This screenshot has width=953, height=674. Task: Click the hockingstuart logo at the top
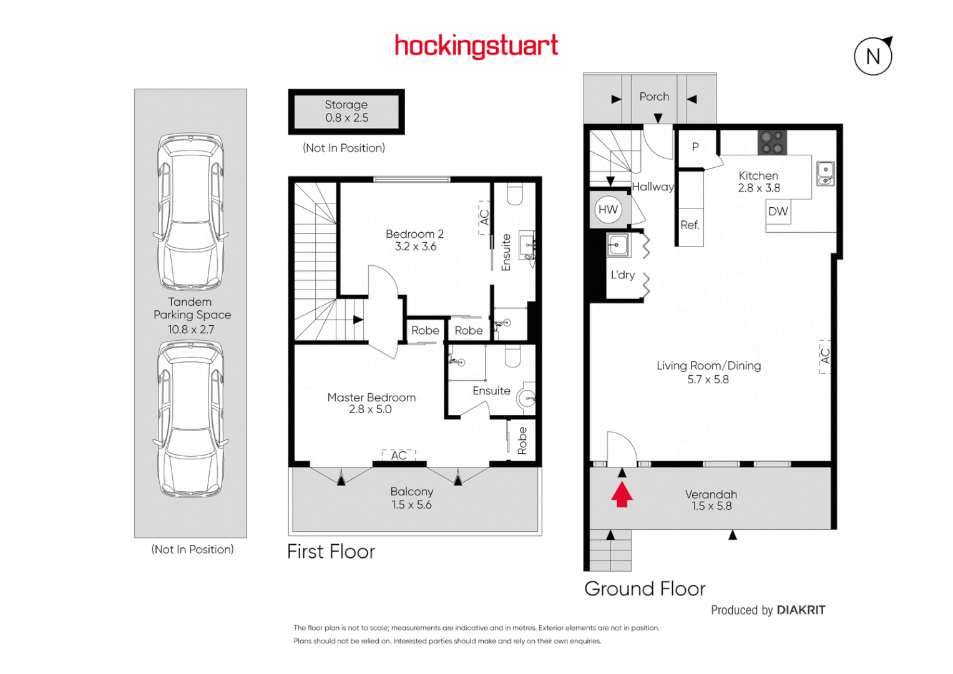(476, 46)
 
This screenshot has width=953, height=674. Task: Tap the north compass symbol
(872, 56)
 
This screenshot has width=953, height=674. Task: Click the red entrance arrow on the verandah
(622, 495)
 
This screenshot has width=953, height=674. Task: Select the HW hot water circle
(608, 210)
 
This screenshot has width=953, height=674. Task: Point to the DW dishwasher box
(778, 212)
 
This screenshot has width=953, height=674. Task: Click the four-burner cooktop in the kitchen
(772, 142)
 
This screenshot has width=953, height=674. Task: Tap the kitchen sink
(825, 173)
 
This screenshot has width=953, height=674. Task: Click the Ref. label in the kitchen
(690, 225)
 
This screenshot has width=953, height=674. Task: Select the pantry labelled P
(695, 147)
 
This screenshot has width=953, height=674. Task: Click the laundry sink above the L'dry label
(618, 245)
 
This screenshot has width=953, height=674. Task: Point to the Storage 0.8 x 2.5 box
(346, 112)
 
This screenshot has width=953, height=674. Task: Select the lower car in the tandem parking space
(190, 419)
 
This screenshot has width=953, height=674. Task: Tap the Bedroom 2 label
(414, 234)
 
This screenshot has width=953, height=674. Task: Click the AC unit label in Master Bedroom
(399, 456)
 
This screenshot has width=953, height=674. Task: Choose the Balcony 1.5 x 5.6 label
(412, 498)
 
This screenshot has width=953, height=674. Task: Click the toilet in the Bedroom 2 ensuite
(514, 194)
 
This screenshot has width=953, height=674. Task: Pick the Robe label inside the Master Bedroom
(522, 441)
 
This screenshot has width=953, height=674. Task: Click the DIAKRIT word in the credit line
(801, 610)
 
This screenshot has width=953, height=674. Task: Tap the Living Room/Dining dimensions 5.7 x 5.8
(708, 379)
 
